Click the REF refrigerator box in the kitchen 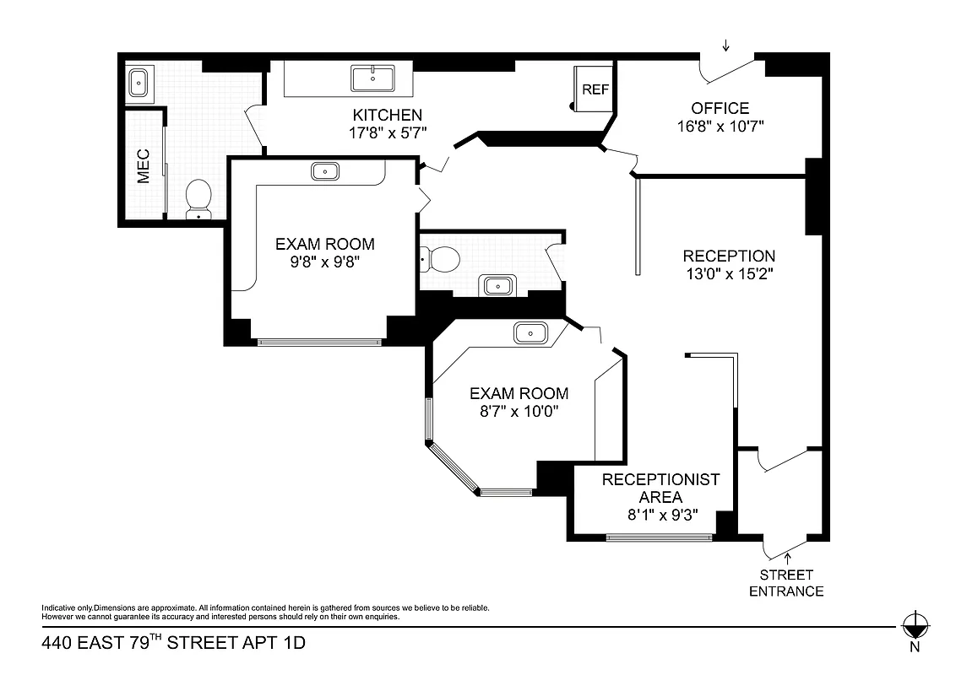(595, 89)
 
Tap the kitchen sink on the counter (372, 79)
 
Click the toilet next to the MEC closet (198, 199)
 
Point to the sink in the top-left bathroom (139, 82)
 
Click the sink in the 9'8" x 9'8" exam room (326, 171)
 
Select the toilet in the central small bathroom (440, 258)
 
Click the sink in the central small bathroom (497, 285)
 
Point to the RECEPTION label (729, 256)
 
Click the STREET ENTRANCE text (786, 583)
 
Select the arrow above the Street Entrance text (789, 556)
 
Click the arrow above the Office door (725, 46)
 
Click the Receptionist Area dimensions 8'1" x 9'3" (660, 516)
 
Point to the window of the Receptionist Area (660, 537)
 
